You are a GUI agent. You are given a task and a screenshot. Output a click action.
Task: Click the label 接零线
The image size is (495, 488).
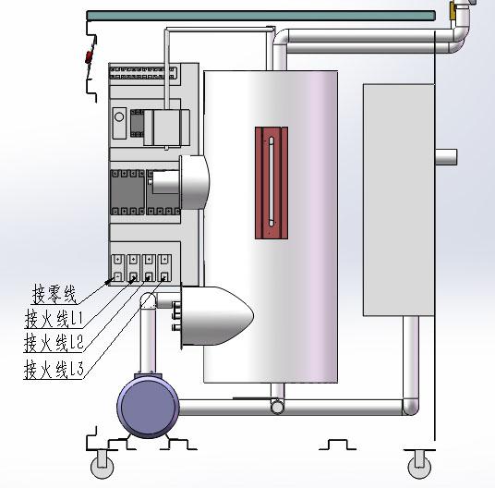click(x=54, y=294)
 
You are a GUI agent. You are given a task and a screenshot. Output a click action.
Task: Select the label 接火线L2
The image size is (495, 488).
click(x=54, y=342)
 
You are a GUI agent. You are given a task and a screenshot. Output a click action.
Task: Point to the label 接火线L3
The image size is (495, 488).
click(x=54, y=369)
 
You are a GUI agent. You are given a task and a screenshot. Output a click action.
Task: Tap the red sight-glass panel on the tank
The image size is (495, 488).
click(x=272, y=183)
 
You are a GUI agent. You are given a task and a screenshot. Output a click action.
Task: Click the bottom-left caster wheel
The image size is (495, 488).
click(x=102, y=467)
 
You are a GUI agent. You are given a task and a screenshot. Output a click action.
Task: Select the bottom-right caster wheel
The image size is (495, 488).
click(x=419, y=467)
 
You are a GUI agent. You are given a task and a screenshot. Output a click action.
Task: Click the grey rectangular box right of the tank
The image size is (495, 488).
click(x=399, y=200)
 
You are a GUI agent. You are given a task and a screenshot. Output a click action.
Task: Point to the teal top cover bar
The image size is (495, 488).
click(x=261, y=16)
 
